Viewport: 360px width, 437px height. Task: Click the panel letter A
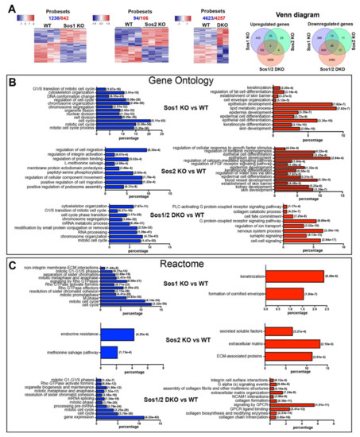[x=9, y=6]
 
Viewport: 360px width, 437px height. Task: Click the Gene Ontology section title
[x=176, y=82]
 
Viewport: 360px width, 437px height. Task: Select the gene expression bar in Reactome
[x=104, y=416]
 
